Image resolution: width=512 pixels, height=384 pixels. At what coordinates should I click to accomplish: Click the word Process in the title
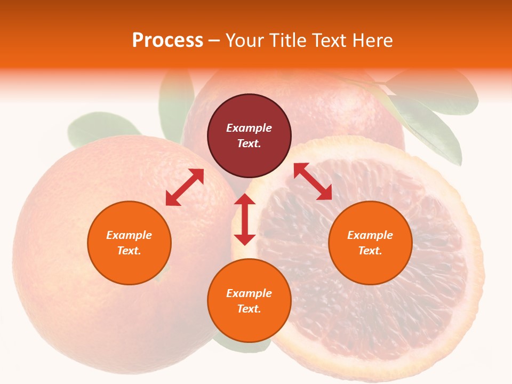(167, 41)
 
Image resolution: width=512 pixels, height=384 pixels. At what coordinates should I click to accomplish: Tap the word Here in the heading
(372, 41)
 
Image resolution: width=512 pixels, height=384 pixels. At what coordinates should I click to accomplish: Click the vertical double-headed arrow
(245, 219)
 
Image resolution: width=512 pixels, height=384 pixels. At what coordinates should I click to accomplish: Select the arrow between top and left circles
(185, 187)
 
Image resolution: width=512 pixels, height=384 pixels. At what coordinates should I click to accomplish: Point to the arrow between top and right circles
(313, 181)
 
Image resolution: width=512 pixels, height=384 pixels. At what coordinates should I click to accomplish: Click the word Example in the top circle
(249, 128)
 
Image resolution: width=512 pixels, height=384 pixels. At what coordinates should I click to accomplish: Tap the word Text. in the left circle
(129, 251)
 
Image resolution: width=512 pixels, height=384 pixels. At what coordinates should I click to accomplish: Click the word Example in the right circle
(370, 235)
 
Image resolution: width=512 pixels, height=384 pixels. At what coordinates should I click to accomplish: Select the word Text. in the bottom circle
(249, 309)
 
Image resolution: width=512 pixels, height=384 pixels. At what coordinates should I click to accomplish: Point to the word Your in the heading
(244, 41)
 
